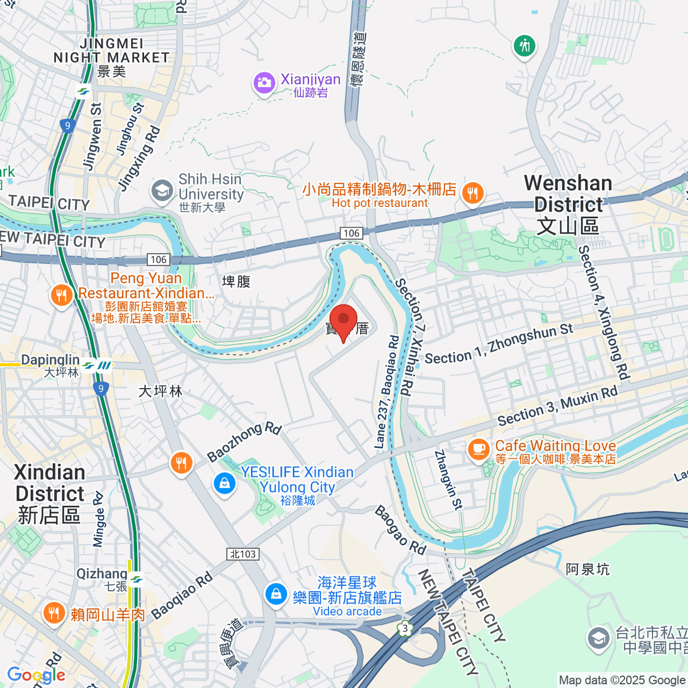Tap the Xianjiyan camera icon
[x=264, y=83]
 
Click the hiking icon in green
[x=525, y=46]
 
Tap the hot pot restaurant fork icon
[x=472, y=194]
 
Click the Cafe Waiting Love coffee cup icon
[x=479, y=448]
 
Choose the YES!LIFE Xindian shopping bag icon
[x=224, y=483]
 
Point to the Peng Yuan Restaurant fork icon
[x=61, y=296]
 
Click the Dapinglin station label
[x=50, y=360]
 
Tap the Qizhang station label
[x=101, y=574]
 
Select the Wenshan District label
[x=568, y=204]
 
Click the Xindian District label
[x=50, y=494]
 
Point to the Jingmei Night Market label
[x=111, y=51]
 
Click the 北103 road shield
[x=243, y=554]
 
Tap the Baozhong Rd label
[x=244, y=441]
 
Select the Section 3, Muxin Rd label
[x=557, y=406]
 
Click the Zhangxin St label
[x=448, y=480]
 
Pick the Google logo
[x=36, y=675]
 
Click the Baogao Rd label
[x=401, y=530]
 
